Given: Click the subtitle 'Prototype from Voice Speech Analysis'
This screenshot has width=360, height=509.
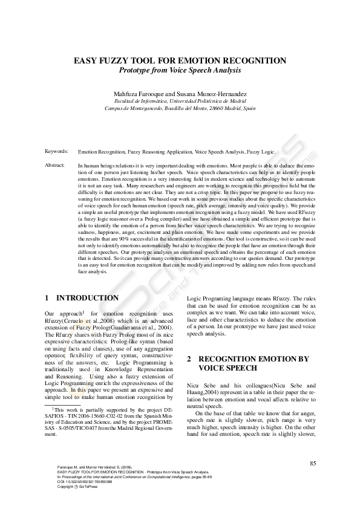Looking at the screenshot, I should click(180, 70).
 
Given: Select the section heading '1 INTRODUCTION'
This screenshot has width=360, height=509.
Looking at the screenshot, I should click(82, 298).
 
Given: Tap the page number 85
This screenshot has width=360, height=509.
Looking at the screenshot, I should click(313, 463).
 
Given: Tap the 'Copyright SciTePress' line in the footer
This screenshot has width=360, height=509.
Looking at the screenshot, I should click(68, 486).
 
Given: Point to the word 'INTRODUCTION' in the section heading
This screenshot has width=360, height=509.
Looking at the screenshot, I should click(87, 298).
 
